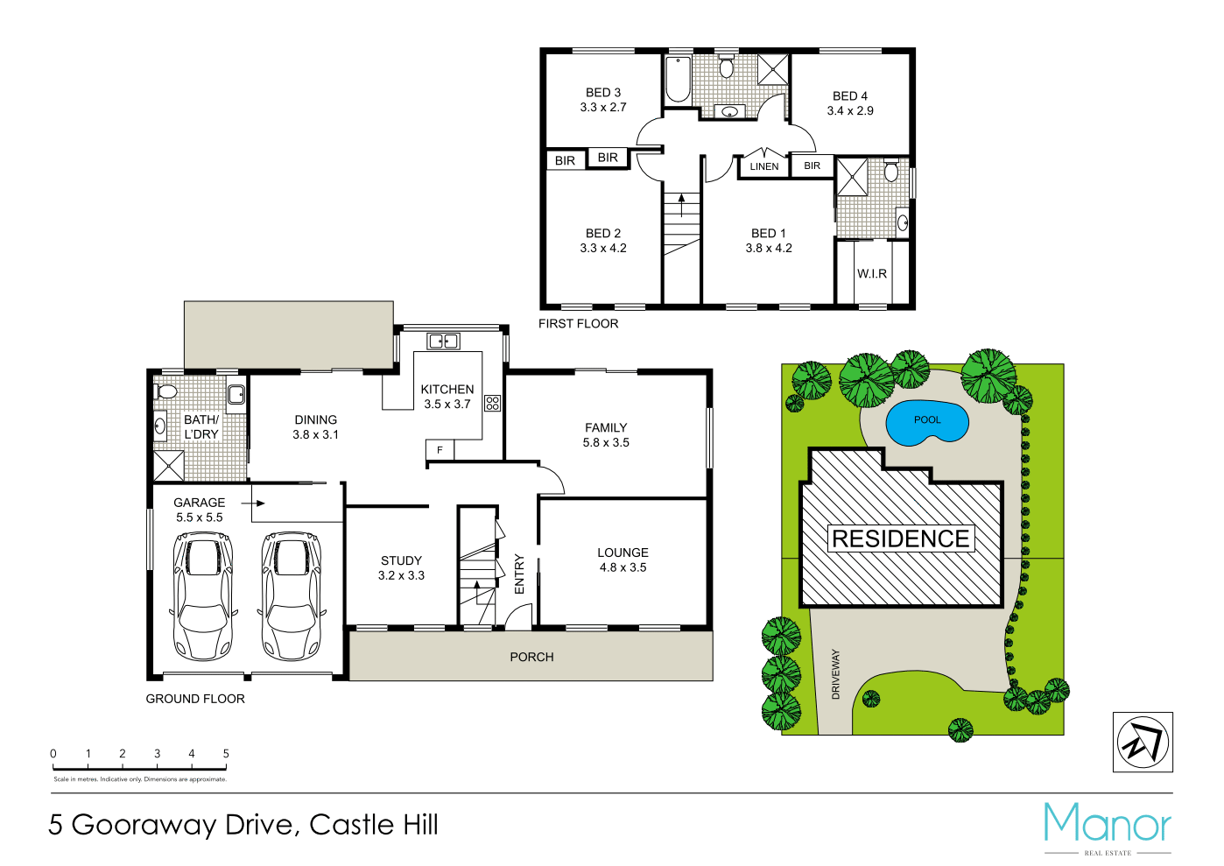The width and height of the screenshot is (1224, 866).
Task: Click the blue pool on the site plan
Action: point(927,423)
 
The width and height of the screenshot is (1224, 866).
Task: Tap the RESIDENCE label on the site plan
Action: point(900,539)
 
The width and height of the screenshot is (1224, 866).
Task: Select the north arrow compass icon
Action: point(1143,743)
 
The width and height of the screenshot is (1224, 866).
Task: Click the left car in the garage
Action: point(203,595)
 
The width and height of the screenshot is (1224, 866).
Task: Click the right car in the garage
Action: point(292,595)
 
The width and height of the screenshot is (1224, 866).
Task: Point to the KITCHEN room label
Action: point(447,390)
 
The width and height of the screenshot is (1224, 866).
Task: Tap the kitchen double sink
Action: point(444,341)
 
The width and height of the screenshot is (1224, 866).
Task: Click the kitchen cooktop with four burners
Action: point(493,404)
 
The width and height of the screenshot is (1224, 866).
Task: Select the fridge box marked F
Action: point(440,450)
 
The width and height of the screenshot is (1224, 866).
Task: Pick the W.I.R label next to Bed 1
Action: point(872,274)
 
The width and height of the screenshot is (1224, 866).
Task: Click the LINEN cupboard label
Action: point(764,166)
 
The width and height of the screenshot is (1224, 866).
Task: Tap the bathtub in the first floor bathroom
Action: point(678,79)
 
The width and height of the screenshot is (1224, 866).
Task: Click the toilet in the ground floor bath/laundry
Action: point(165,391)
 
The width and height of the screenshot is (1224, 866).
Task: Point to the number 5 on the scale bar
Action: point(226,754)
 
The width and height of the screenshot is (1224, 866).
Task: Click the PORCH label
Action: point(531,657)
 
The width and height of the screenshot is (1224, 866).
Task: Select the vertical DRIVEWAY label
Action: point(835,673)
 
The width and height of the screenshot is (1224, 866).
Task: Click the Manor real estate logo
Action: point(1108,827)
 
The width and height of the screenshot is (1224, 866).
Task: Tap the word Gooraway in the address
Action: point(144,825)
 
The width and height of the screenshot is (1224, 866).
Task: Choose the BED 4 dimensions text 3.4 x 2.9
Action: point(850,111)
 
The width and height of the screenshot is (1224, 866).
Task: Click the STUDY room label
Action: point(401,560)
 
